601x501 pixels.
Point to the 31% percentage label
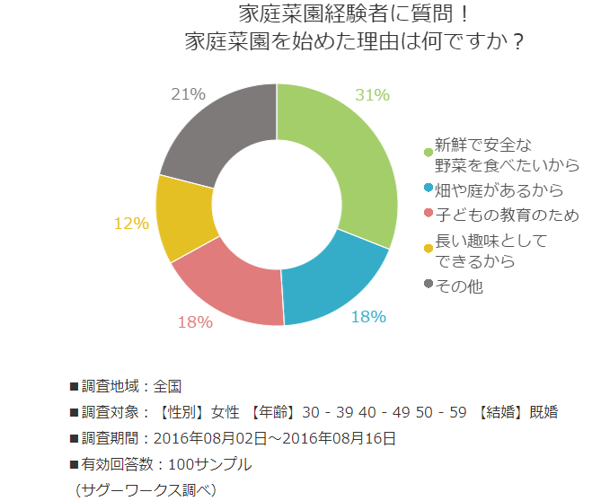click(x=372, y=94)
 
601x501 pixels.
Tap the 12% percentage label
click(x=131, y=224)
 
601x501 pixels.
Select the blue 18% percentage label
click(x=368, y=316)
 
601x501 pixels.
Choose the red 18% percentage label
click(x=195, y=321)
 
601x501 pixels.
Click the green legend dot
click(x=428, y=152)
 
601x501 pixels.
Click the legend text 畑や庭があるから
click(x=499, y=190)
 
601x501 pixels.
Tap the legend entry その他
click(x=459, y=286)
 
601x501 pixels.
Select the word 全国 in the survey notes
click(x=168, y=386)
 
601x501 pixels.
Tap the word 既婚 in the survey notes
click(x=544, y=412)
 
